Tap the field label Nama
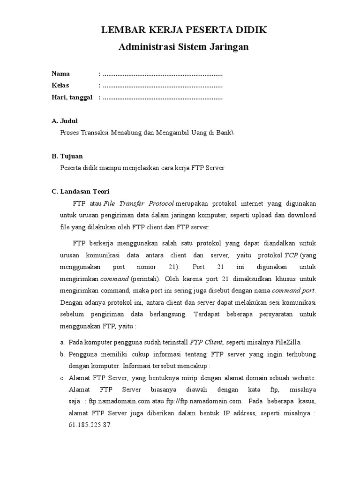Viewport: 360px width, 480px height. [60, 74]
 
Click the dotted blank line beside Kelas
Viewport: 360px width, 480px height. [162, 86]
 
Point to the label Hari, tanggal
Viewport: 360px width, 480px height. [72, 97]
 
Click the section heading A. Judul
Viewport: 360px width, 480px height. [65, 121]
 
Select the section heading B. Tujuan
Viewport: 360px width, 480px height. [67, 156]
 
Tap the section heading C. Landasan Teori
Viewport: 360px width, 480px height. [80, 191]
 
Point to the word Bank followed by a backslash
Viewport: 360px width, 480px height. [224, 133]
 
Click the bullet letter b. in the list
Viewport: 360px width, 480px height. [62, 354]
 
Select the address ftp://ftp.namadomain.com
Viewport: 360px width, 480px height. [204, 401]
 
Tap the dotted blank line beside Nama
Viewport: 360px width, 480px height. [162, 74]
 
